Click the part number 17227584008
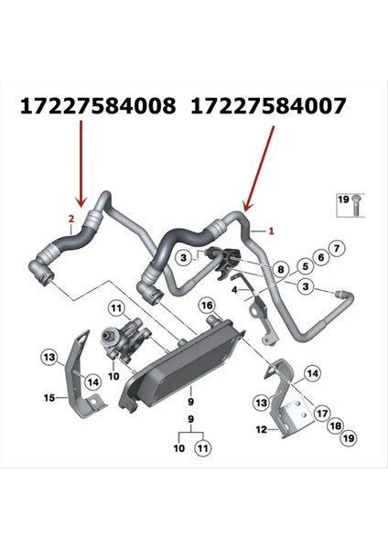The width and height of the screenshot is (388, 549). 98,107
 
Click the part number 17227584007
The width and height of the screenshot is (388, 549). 269,107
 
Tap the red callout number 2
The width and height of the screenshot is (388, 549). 71,219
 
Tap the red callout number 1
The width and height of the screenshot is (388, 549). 270,232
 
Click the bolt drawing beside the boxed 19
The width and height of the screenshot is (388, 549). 352,208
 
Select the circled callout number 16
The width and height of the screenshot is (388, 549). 207,305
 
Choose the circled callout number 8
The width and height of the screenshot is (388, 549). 281,269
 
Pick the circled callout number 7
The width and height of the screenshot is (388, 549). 336,249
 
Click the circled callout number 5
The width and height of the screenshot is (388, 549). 299,264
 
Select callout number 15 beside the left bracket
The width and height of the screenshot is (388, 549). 50,397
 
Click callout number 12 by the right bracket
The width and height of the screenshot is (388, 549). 260,428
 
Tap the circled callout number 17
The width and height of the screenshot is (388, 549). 322,413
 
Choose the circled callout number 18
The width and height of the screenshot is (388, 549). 335,426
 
